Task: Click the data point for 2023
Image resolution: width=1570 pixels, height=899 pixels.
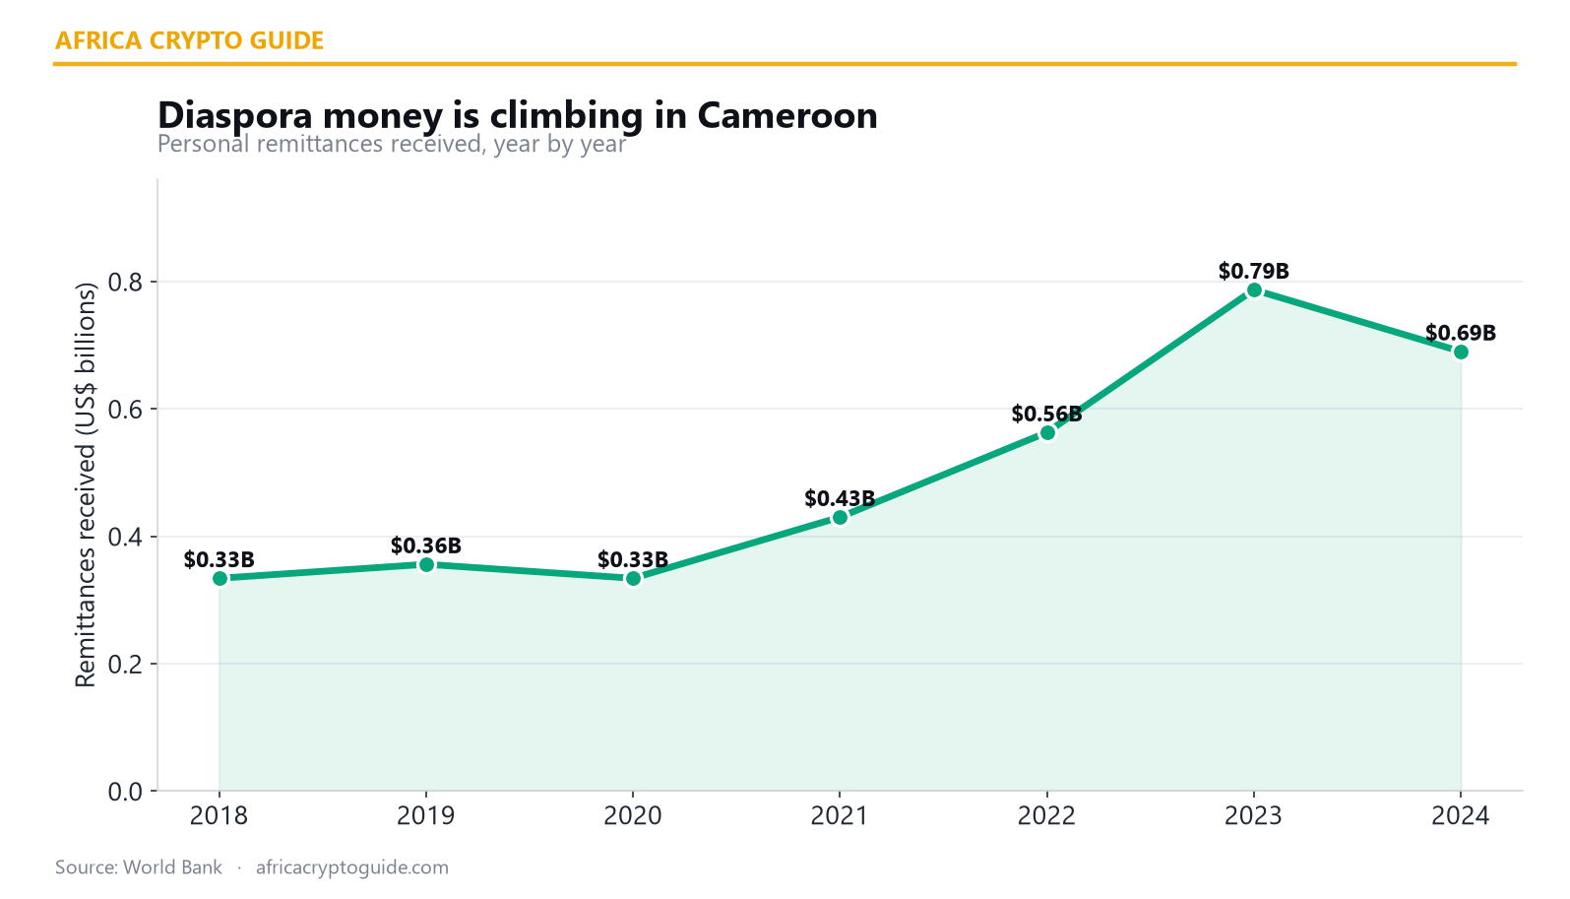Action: pos(1254,290)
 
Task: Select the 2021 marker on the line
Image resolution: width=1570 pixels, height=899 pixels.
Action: pos(840,518)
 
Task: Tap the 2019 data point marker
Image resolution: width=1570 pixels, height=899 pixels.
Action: pos(426,565)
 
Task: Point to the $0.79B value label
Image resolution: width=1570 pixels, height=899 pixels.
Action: pos(1253,271)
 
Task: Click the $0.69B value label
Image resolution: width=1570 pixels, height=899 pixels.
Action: pos(1461,333)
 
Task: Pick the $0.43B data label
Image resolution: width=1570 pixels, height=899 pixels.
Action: pos(840,498)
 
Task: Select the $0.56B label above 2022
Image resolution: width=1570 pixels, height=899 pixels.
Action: pos(1046,414)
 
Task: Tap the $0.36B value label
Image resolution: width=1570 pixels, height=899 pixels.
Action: pos(426,545)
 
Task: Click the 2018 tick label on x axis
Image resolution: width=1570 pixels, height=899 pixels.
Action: pos(219,816)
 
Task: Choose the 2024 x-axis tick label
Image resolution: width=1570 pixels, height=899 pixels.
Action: pos(1461,816)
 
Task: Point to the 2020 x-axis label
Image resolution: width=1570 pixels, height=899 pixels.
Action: pos(633,816)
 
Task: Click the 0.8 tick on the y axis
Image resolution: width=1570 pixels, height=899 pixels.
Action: pos(125,282)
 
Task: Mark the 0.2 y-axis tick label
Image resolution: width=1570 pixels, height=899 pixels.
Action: pos(125,664)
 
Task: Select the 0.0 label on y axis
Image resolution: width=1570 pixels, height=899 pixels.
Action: pos(125,792)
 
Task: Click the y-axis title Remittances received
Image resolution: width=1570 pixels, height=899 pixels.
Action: pos(85,484)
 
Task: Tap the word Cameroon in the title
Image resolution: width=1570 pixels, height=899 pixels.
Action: pos(787,116)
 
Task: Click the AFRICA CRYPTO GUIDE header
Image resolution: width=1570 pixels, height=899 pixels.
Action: pos(189,40)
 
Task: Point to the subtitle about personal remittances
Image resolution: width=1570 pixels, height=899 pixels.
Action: pos(391,144)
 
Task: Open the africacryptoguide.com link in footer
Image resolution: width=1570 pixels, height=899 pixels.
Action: pos(351,867)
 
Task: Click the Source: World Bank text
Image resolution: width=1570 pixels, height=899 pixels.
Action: pos(138,867)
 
